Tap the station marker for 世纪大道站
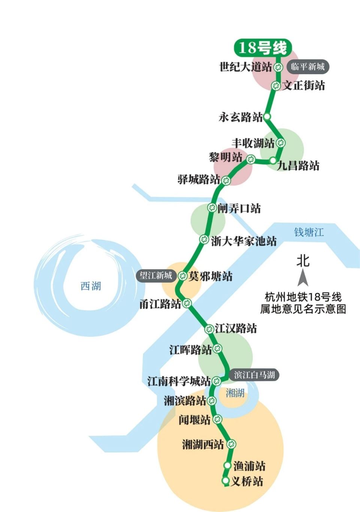[278, 67]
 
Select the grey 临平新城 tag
[307, 67]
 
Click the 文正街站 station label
[304, 85]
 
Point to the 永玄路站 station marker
[267, 117]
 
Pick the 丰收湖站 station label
[253, 143]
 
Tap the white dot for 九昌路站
[273, 161]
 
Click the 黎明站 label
[226, 157]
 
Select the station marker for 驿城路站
[226, 181]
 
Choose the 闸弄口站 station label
[239, 208]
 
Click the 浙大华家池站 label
[244, 241]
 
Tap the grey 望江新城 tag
[156, 276]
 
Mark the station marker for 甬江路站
[187, 303]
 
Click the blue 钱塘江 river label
[308, 232]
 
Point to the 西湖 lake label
[91, 286]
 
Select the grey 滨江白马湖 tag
[255, 375]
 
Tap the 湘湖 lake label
[235, 393]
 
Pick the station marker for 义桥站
[226, 481]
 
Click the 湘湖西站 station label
[203, 445]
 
